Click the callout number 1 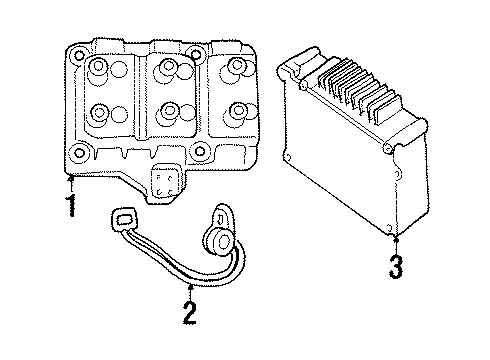70,208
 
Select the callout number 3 397,267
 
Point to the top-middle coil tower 168,68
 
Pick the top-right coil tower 236,67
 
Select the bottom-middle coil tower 170,110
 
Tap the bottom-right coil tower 238,110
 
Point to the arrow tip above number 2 188,285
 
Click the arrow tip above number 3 396,236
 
